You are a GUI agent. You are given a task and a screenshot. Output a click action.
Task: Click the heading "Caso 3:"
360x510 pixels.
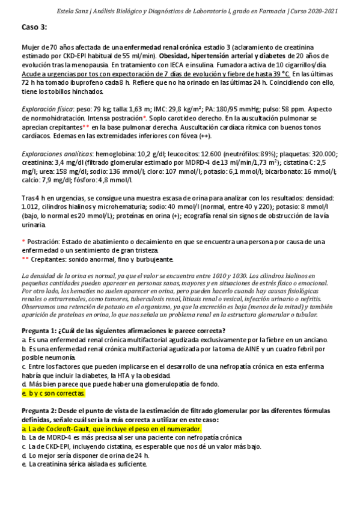(34, 28)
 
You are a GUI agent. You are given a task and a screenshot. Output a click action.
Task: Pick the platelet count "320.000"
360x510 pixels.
(322, 154)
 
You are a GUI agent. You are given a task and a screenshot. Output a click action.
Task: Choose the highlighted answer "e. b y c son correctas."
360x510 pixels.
(53, 393)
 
